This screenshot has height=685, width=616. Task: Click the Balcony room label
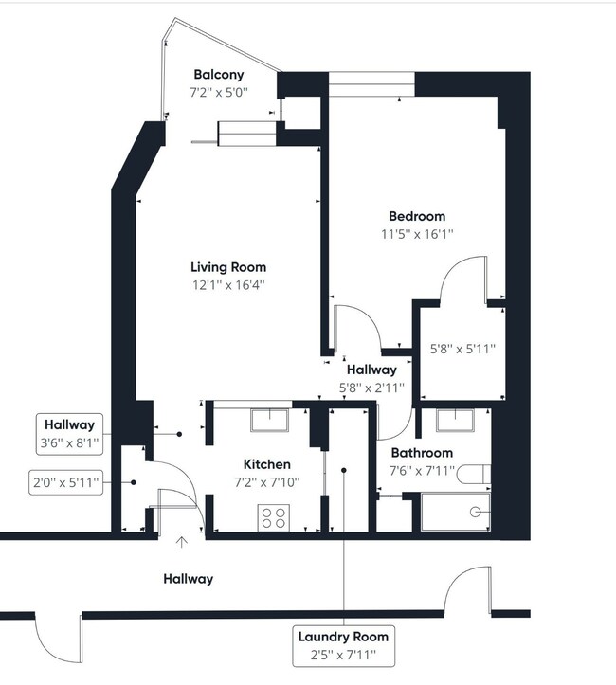coord(219,74)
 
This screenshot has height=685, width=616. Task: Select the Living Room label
coord(227,267)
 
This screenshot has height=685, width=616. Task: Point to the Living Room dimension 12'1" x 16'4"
coord(227,285)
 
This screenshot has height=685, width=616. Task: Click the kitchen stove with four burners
coord(275,518)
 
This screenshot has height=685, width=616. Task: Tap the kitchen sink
coord(270,419)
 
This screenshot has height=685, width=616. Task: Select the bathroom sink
coord(460,421)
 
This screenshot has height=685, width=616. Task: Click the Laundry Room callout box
coord(343,646)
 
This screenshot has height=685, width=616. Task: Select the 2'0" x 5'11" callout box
coord(64,482)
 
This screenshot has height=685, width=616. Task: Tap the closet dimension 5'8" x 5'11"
coord(462,349)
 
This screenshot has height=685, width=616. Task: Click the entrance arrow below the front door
coord(182,543)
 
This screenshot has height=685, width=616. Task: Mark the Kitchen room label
coord(266,464)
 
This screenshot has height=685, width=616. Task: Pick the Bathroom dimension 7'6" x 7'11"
coord(423,471)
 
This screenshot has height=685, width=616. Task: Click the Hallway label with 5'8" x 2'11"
coord(371,370)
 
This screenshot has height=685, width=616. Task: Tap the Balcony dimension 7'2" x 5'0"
coord(219,92)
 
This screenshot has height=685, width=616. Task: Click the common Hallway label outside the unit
coord(188,578)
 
